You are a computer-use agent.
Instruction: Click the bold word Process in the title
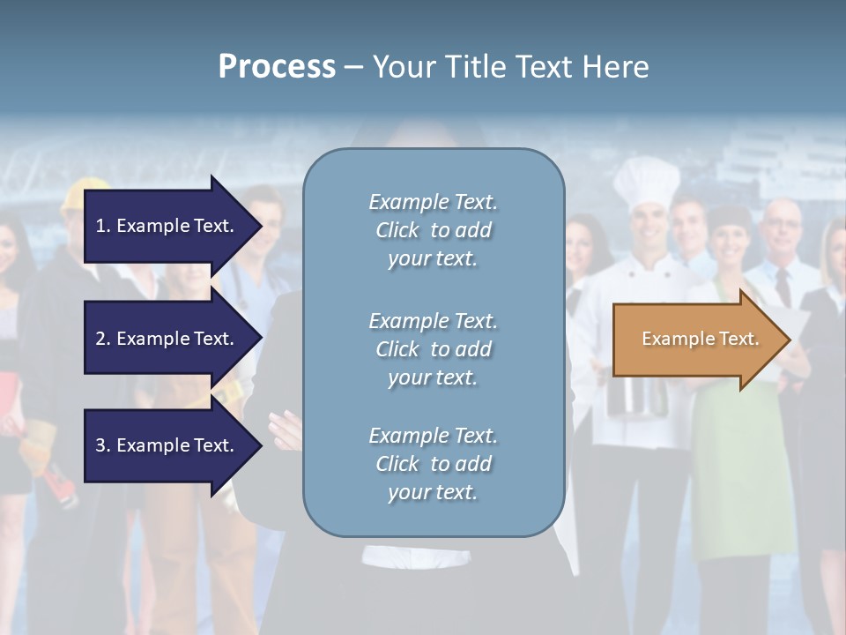click(277, 66)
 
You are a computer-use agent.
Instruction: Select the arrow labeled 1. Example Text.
click(167, 226)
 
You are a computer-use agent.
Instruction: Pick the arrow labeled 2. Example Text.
click(167, 339)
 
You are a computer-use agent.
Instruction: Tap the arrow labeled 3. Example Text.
click(167, 445)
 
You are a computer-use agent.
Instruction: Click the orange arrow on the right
click(696, 339)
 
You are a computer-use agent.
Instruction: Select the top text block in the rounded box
click(433, 230)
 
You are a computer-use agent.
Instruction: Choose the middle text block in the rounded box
click(433, 349)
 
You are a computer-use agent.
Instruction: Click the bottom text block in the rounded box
click(433, 464)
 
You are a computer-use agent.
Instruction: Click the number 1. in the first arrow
click(103, 226)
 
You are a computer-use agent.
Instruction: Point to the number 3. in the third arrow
click(103, 445)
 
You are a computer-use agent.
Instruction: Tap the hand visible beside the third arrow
click(285, 430)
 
